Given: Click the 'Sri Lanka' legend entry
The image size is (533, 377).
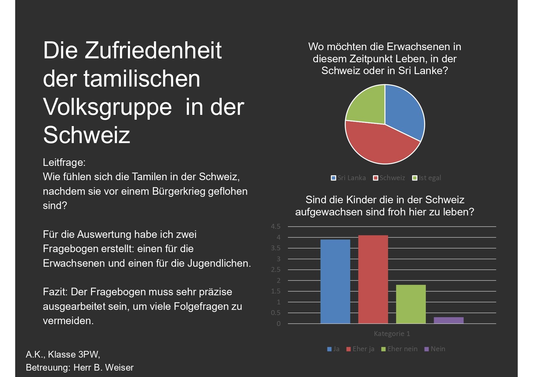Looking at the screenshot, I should pos(349,178).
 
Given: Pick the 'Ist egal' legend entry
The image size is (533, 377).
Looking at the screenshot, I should pos(427,178).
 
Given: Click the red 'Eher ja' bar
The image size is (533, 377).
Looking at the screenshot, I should pos(373,279).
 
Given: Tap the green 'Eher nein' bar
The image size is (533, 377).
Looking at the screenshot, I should pos(411,304).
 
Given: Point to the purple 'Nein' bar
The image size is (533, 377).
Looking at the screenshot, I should pos(449,320).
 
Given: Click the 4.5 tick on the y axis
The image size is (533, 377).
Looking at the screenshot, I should pos(275,227).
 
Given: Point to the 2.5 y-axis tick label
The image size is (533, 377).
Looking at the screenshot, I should pos(275,270).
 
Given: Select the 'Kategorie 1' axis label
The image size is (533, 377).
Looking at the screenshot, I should pos(392,334).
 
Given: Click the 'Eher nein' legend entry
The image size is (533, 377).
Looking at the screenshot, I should pos(399,349).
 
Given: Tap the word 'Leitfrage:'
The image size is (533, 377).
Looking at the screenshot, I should pos(64,163).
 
